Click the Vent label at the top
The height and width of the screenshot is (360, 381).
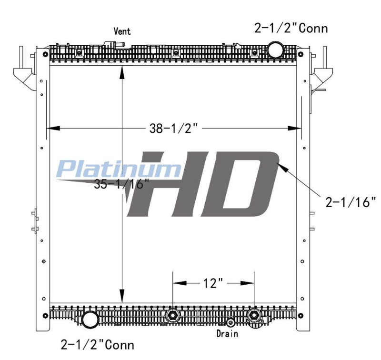point(122,31)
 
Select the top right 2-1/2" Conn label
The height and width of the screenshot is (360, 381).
point(291,28)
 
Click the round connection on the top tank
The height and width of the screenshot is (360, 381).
point(275,50)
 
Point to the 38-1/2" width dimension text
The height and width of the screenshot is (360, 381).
point(173,128)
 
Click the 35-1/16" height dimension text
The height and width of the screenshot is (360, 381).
point(121,184)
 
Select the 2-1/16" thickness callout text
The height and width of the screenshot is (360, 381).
point(351,202)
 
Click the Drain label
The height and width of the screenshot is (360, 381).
point(227,333)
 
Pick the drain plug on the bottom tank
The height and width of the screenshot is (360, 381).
point(230,322)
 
